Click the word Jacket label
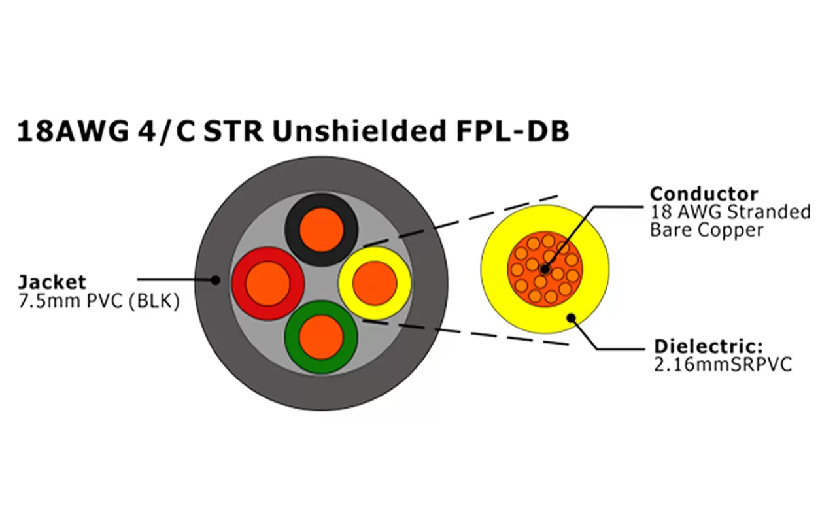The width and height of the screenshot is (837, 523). tap(52, 282)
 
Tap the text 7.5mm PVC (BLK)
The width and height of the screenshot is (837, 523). tap(99, 302)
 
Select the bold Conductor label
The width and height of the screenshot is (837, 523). tap(704, 194)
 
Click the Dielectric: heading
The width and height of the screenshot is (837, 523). tap(709, 346)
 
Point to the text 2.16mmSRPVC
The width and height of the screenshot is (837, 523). tap(723, 364)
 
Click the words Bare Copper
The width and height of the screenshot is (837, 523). tap(706, 230)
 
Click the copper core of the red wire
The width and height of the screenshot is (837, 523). tap(268, 283)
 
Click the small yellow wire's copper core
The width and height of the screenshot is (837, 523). tap(375, 282)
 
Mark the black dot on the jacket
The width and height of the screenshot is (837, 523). tap(214, 280)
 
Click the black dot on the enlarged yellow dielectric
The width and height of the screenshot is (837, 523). tap(571, 318)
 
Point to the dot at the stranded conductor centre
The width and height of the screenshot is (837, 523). tap(544, 269)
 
